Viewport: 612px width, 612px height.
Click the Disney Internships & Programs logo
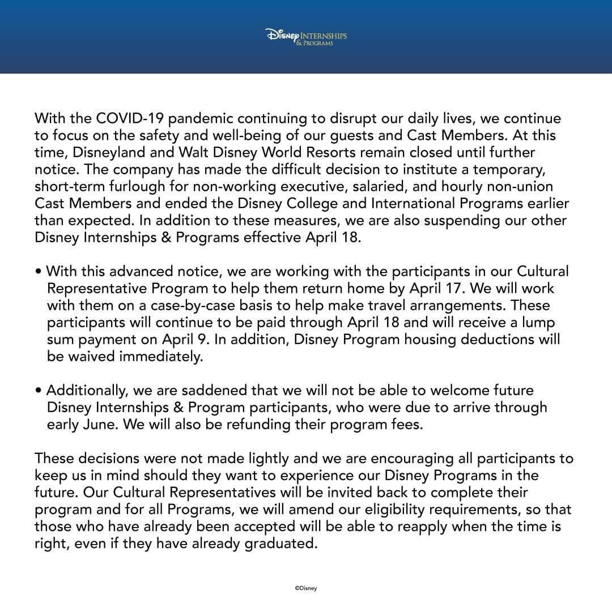[306, 37]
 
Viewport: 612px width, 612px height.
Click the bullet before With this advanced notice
[38, 272]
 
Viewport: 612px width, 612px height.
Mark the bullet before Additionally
[38, 391]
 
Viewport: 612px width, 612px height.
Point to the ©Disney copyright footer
[306, 588]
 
